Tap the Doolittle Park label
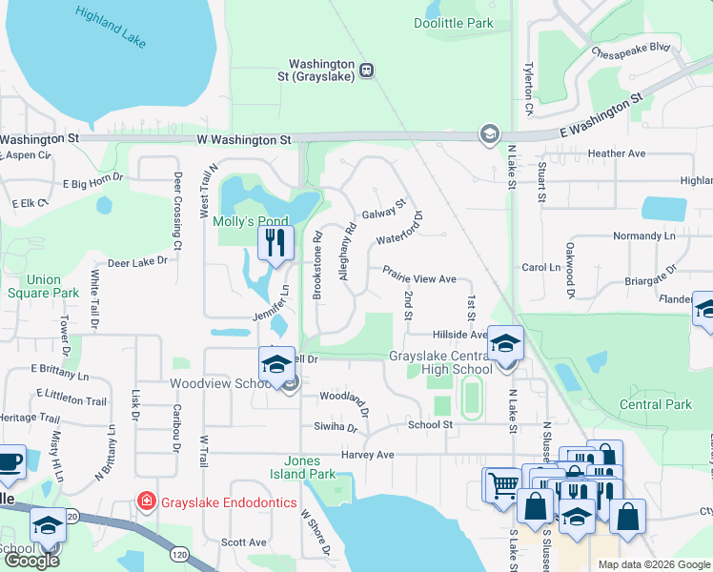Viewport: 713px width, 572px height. pyautogui.click(x=453, y=23)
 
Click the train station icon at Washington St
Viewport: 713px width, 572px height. pyautogui.click(x=366, y=69)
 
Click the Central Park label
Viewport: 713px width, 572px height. pyautogui.click(x=655, y=404)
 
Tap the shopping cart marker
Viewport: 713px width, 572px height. pyautogui.click(x=501, y=484)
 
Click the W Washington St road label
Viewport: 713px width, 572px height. pyautogui.click(x=243, y=139)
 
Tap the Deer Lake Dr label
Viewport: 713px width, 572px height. pyautogui.click(x=137, y=260)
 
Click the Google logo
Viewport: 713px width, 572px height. pyautogui.click(x=32, y=561)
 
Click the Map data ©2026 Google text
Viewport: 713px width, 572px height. pyautogui.click(x=653, y=564)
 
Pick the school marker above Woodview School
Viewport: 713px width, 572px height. pyautogui.click(x=276, y=363)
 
